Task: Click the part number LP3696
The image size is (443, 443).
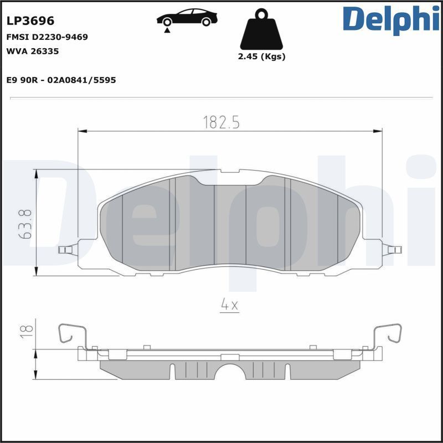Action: [30, 21]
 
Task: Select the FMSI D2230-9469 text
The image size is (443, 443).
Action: [47, 37]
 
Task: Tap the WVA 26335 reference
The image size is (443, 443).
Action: [32, 51]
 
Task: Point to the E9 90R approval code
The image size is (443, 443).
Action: [61, 80]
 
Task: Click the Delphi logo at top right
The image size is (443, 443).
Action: [391, 20]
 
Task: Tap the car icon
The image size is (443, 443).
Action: [187, 18]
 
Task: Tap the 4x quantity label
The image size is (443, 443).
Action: [229, 305]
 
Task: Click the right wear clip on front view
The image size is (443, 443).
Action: [392, 250]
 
